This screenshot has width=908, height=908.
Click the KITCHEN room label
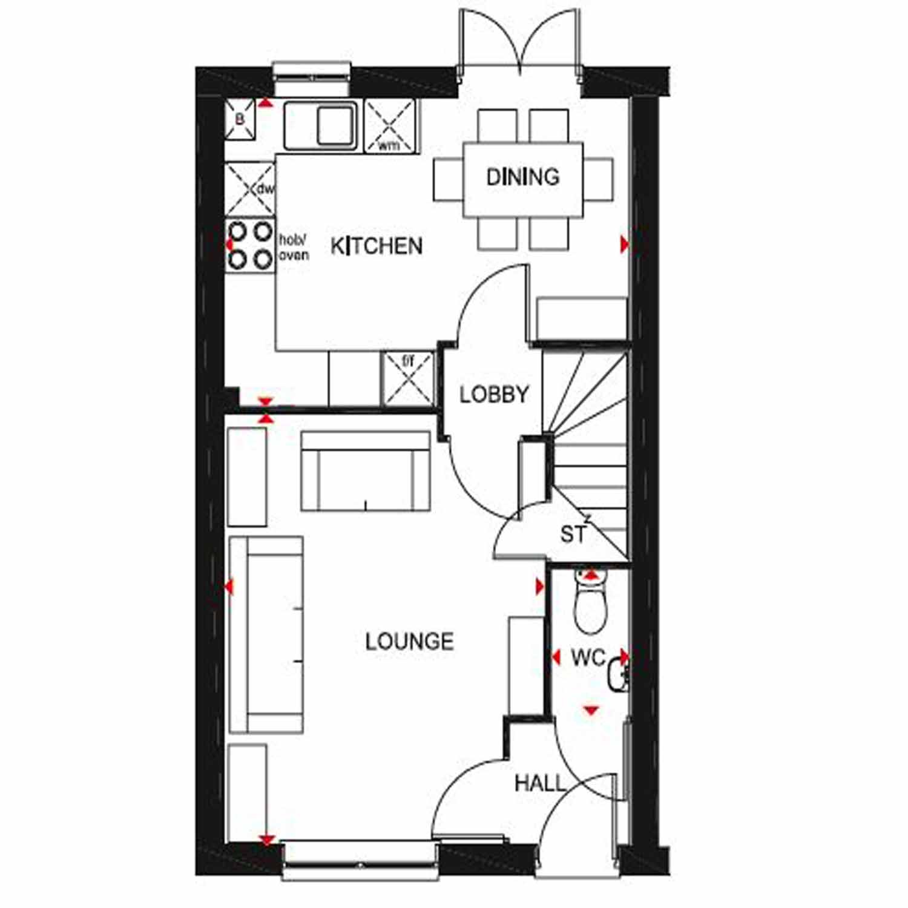tap(376, 246)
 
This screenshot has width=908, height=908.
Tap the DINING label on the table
tap(523, 177)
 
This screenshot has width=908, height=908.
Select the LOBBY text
tap(494, 395)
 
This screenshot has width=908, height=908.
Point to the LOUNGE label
tap(409, 641)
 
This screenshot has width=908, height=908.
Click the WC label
tap(588, 657)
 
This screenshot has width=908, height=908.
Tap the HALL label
tap(540, 783)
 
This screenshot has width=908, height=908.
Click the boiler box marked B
tap(240, 120)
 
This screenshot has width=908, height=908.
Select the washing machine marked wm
tap(391, 126)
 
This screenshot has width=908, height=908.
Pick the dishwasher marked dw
tap(250, 189)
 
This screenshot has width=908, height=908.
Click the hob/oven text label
tap(294, 247)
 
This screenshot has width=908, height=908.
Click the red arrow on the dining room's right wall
tap(625, 245)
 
